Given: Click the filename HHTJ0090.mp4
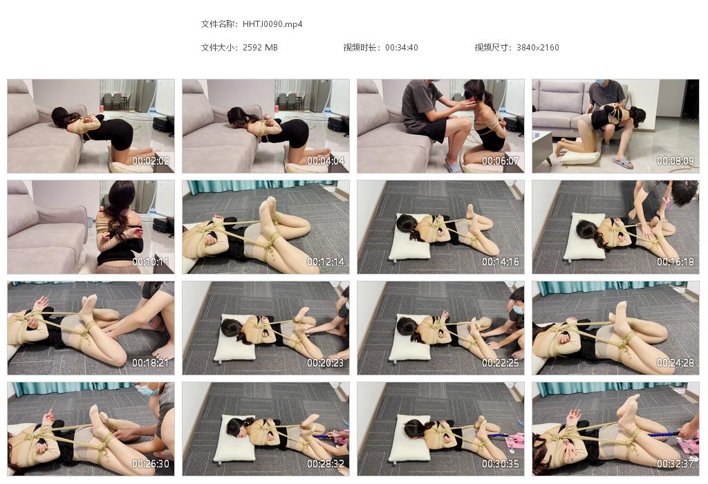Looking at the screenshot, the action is point(272,24).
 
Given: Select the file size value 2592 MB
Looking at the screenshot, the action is point(260,48).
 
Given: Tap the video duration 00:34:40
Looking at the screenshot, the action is point(402,48).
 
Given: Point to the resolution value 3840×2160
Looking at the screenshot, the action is point(537,48).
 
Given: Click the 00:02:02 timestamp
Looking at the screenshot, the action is point(150,160).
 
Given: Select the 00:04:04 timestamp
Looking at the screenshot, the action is point(326,160).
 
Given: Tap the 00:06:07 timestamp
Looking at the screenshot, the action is point(501,160).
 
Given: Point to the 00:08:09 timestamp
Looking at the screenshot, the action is point(676,160).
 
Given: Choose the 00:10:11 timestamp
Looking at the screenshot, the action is point(150,262).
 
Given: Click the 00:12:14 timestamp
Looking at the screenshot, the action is point(326,262).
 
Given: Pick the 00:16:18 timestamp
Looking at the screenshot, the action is point(676,262).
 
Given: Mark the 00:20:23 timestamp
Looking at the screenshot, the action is point(326,363).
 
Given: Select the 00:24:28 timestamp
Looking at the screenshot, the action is point(676,363).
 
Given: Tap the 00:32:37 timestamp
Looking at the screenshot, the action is point(676,464).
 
